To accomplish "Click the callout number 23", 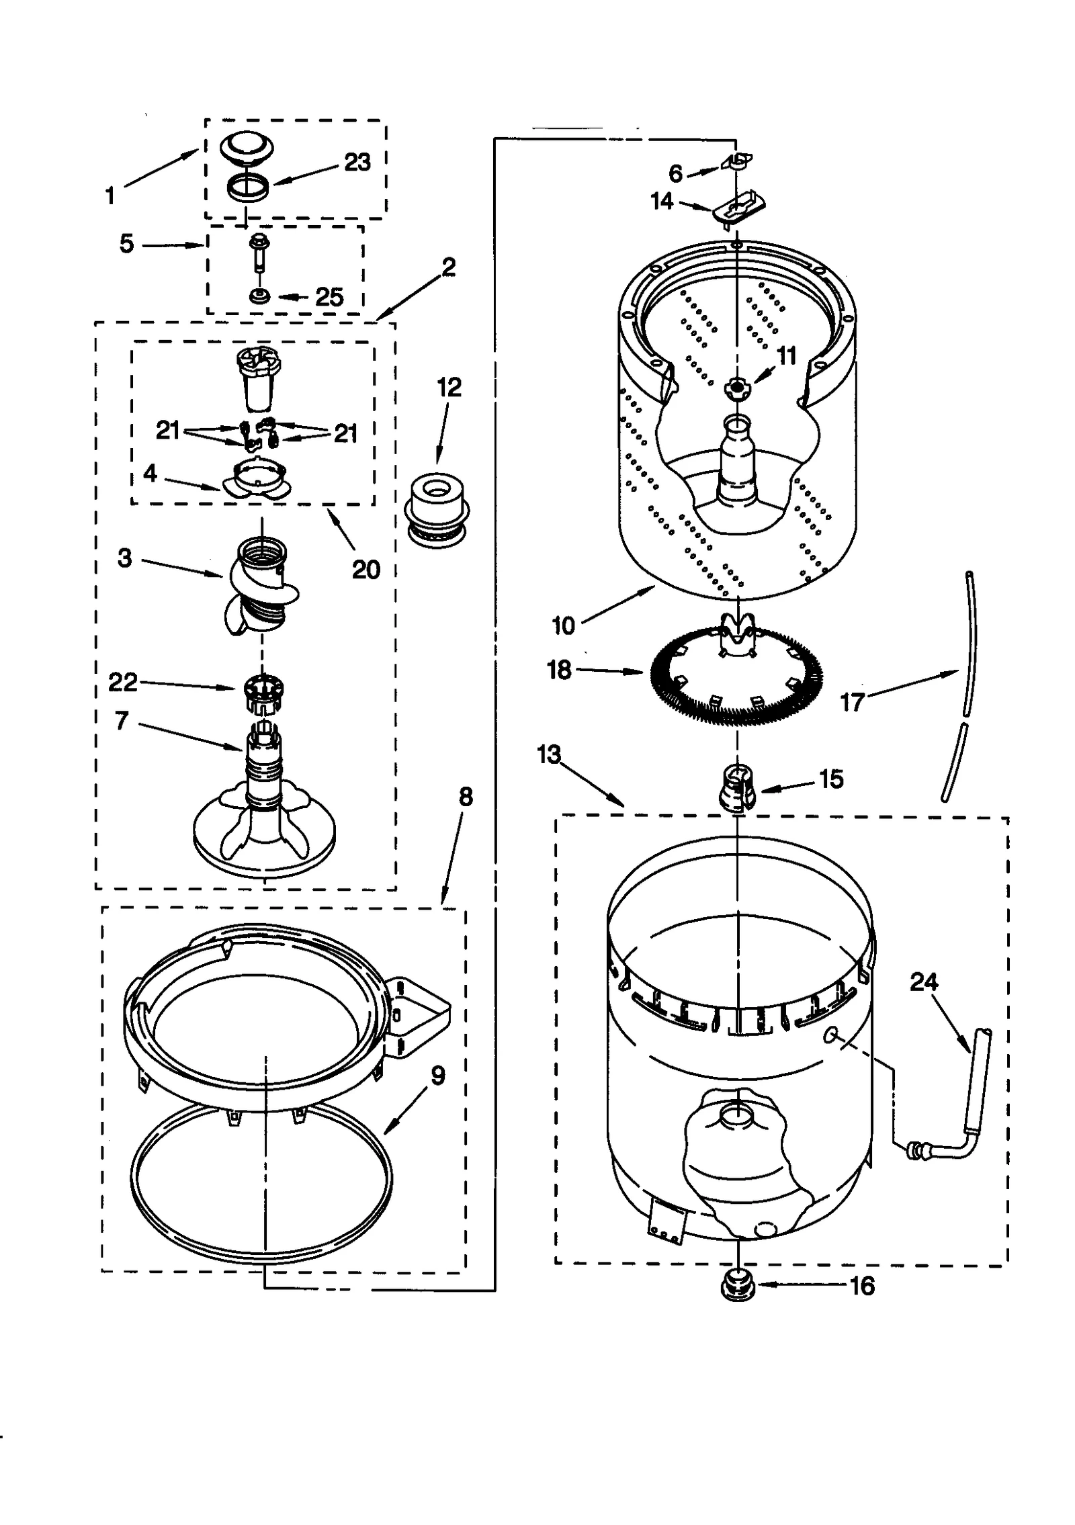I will coord(357,163).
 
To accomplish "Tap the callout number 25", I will coord(329,297).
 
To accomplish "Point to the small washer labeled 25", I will coord(257,296).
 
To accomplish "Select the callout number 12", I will coord(449,387).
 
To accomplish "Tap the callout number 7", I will coord(122,721).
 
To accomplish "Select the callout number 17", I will coord(853,703).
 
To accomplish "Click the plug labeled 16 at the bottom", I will coord(737,1286).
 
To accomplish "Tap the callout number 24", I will coord(923,982).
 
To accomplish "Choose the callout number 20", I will coord(365,570).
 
